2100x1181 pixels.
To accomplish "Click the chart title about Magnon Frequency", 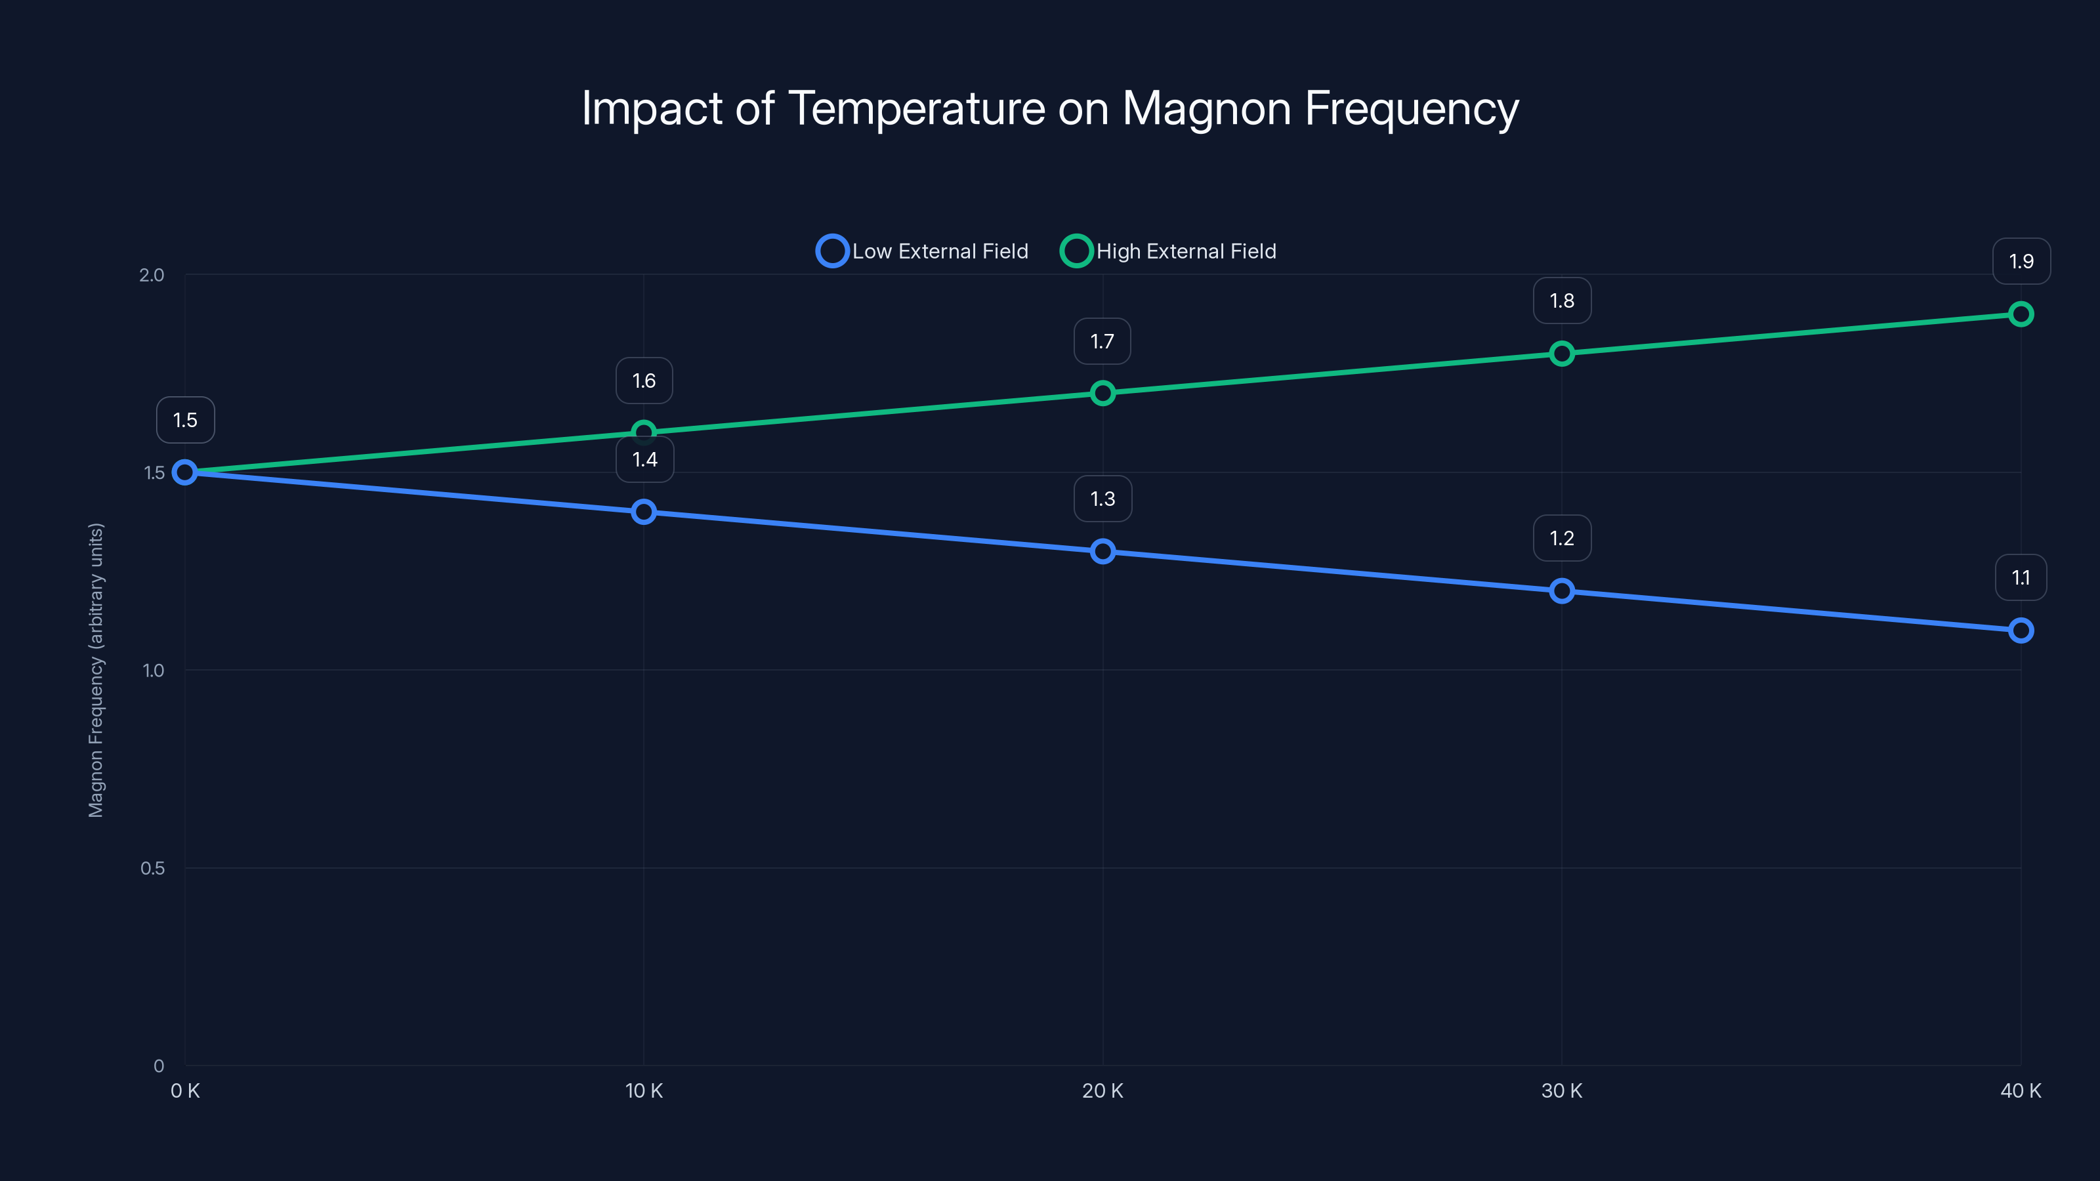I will tap(1050, 108).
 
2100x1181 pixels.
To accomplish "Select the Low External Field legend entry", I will tap(923, 251).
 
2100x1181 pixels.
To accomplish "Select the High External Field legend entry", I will tap(1169, 251).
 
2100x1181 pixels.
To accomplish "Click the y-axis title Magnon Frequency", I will tap(96, 670).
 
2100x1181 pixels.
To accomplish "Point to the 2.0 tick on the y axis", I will tap(152, 275).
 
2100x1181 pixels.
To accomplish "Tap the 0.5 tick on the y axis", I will tap(152, 868).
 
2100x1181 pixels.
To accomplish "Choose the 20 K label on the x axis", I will tap(1102, 1090).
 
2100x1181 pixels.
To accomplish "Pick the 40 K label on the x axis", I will tap(2020, 1090).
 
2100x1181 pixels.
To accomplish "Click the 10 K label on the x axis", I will tap(643, 1090).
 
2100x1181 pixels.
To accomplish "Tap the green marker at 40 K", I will tap(2020, 314).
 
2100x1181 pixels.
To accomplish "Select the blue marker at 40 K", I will tap(2020, 630).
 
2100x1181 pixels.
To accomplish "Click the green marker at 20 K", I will tap(1102, 393).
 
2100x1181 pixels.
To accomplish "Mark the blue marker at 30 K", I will tap(1561, 591).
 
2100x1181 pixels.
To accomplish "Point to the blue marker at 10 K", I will tap(643, 512).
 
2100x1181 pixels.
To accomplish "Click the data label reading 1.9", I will tap(2020, 261).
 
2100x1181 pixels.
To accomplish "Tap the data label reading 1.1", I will tap(2020, 577).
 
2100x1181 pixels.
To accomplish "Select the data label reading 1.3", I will tap(1102, 498).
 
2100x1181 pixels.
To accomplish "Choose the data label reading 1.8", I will tap(1561, 300).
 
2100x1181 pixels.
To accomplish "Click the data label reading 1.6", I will tap(643, 381).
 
